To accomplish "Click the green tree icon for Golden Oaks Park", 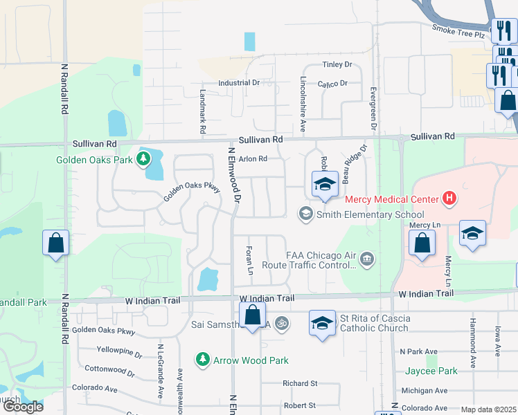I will pyautogui.click(x=143, y=160).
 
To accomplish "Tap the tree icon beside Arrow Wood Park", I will pyautogui.click(x=202, y=360).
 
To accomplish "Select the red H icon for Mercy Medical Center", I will pyautogui.click(x=449, y=199).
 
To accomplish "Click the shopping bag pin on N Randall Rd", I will pyautogui.click(x=55, y=243).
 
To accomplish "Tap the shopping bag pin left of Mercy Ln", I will pyautogui.click(x=421, y=243).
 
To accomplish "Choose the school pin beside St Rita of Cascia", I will pyautogui.click(x=322, y=324).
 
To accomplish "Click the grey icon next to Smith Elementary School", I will pyautogui.click(x=304, y=214).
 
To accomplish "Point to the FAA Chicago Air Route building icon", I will pyautogui.click(x=367, y=259).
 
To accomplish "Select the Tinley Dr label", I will pyautogui.click(x=337, y=65).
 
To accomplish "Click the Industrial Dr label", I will pyautogui.click(x=238, y=83).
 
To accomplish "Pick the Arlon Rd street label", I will pyautogui.click(x=253, y=158).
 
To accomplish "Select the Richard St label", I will pyautogui.click(x=299, y=383).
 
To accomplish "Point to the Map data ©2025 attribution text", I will pyautogui.click(x=489, y=409).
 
